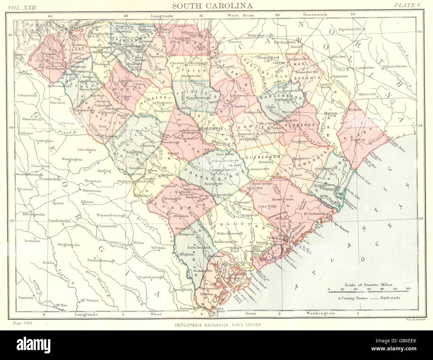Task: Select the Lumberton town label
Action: (365, 67)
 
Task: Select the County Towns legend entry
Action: (354, 298)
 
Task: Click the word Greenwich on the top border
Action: (315, 15)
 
